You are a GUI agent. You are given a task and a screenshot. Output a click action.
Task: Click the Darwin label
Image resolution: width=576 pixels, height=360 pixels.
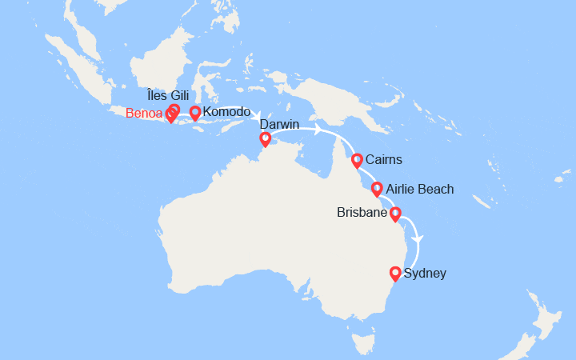(x=279, y=125)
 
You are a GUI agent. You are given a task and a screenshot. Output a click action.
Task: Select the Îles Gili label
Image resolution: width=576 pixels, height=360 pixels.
(x=168, y=96)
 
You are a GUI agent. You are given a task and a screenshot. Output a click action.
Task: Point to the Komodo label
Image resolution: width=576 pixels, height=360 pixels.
(x=227, y=112)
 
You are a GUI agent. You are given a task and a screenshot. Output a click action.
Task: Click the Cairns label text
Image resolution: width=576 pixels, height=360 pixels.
(x=383, y=160)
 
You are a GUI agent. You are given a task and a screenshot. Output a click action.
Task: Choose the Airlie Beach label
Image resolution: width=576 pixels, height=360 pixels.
(x=419, y=190)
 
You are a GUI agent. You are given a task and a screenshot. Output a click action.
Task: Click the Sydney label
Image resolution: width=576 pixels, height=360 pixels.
(x=426, y=274)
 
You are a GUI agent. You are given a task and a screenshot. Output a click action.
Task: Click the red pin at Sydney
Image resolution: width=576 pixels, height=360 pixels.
(x=395, y=273)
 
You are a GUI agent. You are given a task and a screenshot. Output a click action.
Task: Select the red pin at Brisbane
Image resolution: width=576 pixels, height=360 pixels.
(x=395, y=214)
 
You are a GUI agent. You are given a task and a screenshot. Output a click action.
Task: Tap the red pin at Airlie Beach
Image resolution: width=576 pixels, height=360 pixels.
(x=377, y=189)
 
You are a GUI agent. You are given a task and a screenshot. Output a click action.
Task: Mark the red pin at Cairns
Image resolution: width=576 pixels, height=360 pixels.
(x=357, y=159)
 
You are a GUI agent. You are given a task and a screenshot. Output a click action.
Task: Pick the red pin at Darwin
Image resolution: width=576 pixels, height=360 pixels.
(x=265, y=139)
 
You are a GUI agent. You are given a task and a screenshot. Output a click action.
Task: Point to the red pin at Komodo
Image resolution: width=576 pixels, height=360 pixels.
(x=194, y=112)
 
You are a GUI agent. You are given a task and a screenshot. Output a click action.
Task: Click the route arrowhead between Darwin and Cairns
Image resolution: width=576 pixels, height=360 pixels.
(x=318, y=130)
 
